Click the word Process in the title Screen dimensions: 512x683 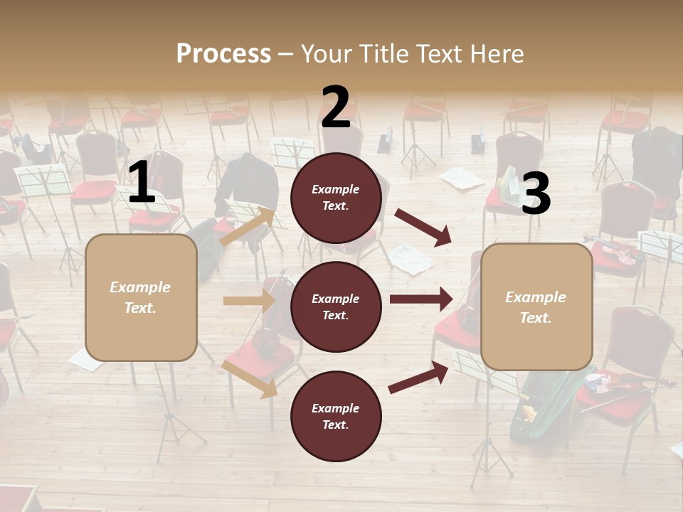pyautogui.click(x=223, y=53)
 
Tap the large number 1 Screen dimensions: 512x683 pyautogui.click(x=142, y=182)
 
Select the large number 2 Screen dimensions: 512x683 pyautogui.click(x=336, y=107)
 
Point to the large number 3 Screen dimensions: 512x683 pyautogui.click(x=536, y=194)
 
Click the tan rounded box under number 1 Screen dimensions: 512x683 pyautogui.click(x=141, y=297)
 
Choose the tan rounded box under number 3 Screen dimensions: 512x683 pyautogui.click(x=536, y=306)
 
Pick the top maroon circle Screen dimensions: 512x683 pyautogui.click(x=336, y=198)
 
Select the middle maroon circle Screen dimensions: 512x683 pyautogui.click(x=336, y=306)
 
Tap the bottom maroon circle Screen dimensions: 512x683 pyautogui.click(x=336, y=416)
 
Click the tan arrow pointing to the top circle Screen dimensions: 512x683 pyautogui.click(x=248, y=227)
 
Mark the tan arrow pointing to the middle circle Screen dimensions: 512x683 pyautogui.click(x=248, y=301)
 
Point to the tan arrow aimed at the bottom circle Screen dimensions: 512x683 pyautogui.click(x=250, y=379)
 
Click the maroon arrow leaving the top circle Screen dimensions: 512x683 pyautogui.click(x=423, y=227)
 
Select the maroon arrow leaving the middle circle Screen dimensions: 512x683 pyautogui.click(x=420, y=299)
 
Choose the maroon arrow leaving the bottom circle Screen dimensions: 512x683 pyautogui.click(x=419, y=377)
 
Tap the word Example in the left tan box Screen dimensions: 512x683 pyautogui.click(x=140, y=287)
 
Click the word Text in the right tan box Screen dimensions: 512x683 pyautogui.click(x=535, y=318)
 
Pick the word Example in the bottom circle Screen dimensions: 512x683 pyautogui.click(x=335, y=408)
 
